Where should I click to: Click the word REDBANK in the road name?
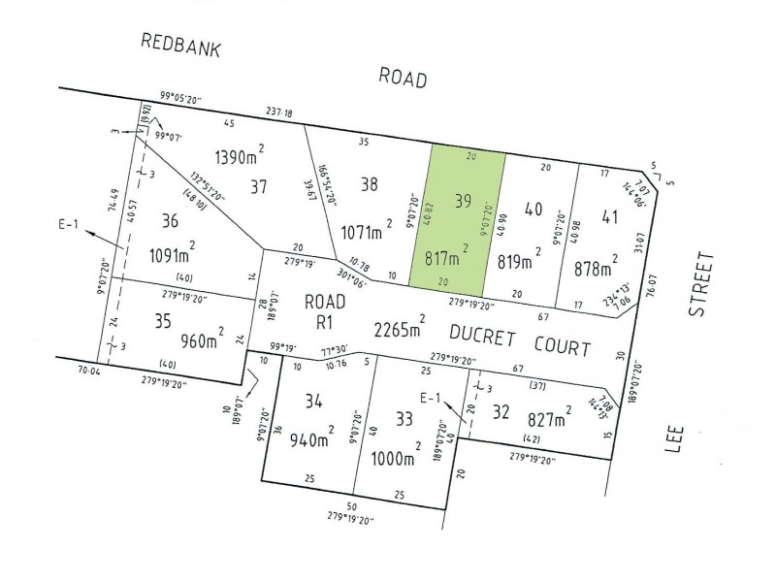pyautogui.click(x=180, y=47)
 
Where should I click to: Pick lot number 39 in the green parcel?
pyautogui.click(x=463, y=202)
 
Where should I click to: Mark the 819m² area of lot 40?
pyautogui.click(x=517, y=259)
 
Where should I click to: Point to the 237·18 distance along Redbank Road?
pyautogui.click(x=278, y=113)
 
